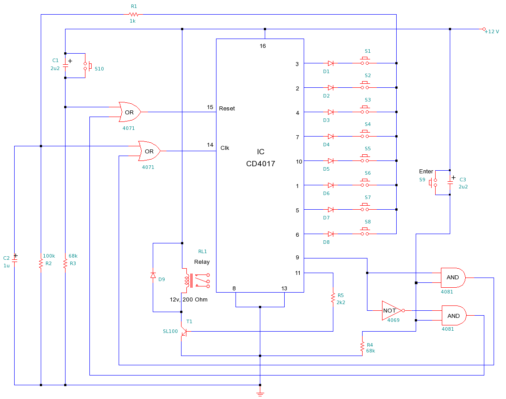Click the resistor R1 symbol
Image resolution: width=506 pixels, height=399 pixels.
coord(134,15)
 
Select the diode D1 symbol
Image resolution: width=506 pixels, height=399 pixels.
coord(331,63)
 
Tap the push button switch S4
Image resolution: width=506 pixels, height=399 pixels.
coord(365,136)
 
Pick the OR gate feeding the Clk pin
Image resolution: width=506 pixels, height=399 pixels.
coord(149,151)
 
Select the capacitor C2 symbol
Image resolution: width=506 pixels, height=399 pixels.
coord(15,260)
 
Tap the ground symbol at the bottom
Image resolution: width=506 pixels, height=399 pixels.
coord(260,393)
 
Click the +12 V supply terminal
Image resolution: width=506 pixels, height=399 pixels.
coord(484,29)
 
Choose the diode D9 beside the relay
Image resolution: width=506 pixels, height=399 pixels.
coord(153,276)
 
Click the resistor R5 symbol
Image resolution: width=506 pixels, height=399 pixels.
coord(333,297)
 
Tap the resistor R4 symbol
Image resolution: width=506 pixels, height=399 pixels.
coord(363,346)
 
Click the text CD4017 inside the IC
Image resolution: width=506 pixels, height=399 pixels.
coord(260,164)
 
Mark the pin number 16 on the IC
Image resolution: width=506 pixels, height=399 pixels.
coord(263,46)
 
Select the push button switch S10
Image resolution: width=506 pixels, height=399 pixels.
coord(87,66)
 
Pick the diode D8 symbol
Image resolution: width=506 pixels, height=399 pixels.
coord(331,234)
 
